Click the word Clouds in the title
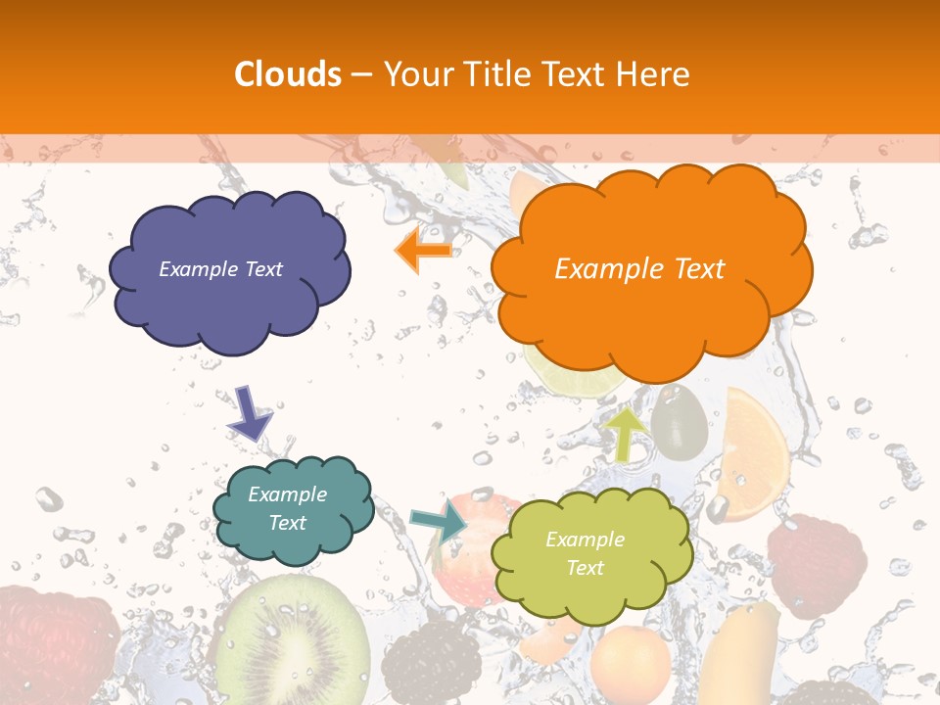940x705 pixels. click(287, 74)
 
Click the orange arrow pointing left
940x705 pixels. click(423, 251)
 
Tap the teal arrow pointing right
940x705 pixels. click(438, 521)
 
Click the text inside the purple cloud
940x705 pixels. click(220, 269)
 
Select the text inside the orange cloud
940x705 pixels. click(639, 269)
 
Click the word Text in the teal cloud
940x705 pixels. click(288, 523)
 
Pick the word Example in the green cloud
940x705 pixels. click(585, 540)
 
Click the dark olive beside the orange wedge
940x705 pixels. click(678, 422)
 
